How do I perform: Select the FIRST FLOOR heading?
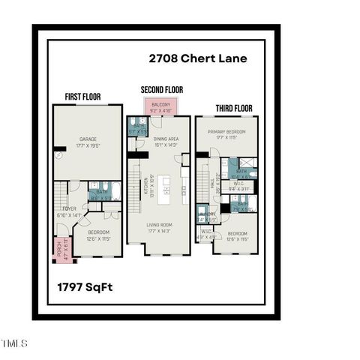[x=82, y=96]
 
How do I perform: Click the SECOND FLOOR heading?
[x=161, y=90]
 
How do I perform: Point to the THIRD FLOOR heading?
[x=235, y=108]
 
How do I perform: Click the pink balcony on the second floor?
[x=161, y=106]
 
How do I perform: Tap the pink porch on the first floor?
[x=55, y=247]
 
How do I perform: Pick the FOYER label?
[x=69, y=211]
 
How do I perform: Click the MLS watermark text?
[x=13, y=343]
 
